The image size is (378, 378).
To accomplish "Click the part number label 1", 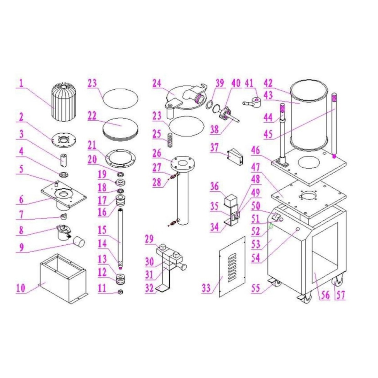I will [x=21, y=83].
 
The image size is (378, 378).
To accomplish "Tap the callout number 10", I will [x=21, y=288].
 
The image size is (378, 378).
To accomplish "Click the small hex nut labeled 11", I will [x=121, y=292].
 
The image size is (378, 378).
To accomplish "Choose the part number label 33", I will [x=206, y=288].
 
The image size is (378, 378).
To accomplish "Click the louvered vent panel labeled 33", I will [x=232, y=267].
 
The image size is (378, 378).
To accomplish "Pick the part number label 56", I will [x=325, y=295].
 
